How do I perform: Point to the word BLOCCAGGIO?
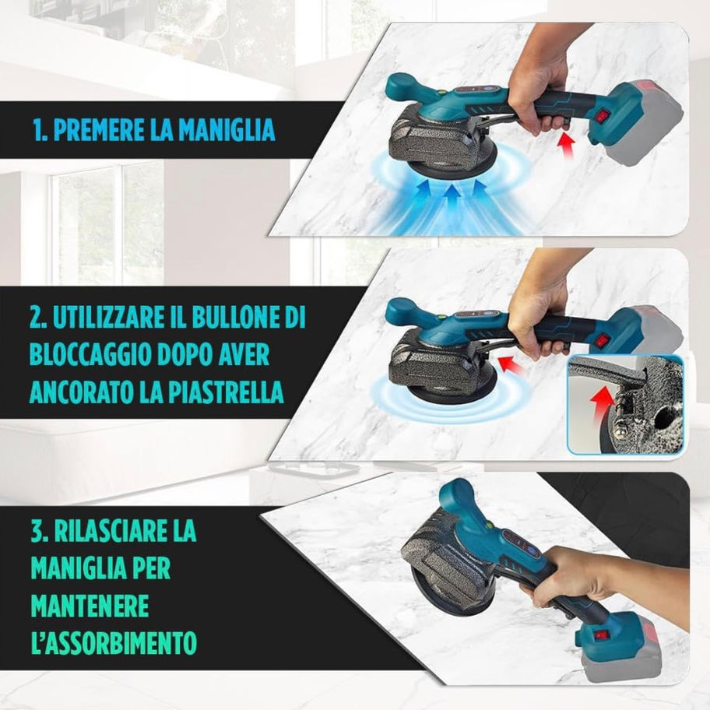[90, 355]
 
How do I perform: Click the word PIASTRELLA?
[226, 392]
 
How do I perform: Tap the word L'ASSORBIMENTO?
[114, 641]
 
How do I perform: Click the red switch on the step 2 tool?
[600, 339]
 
